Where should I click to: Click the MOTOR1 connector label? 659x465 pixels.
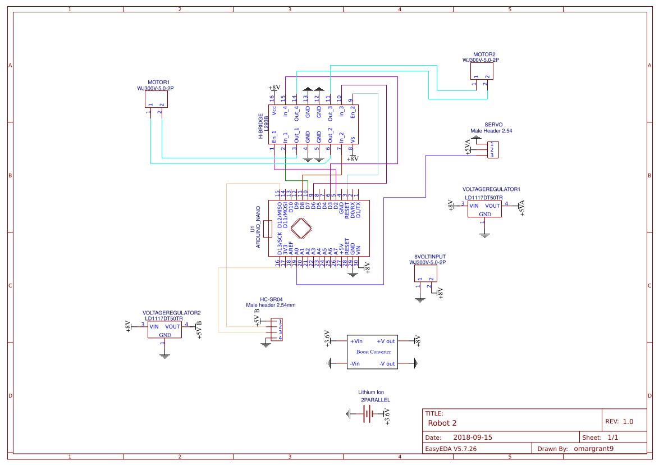(158, 82)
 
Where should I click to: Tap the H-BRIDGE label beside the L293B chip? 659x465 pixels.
(260, 126)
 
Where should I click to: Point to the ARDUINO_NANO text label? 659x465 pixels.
(258, 227)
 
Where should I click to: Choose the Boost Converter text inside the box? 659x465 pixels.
(374, 352)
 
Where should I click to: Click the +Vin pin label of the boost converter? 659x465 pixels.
(356, 341)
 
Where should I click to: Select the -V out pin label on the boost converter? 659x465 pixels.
(387, 364)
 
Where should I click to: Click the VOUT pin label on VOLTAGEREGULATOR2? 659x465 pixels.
(173, 326)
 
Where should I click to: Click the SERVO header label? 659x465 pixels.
(493, 125)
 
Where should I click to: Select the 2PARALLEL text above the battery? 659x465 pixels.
(375, 400)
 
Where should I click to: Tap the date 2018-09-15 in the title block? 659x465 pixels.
(473, 437)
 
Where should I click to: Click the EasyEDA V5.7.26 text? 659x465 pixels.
(451, 449)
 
